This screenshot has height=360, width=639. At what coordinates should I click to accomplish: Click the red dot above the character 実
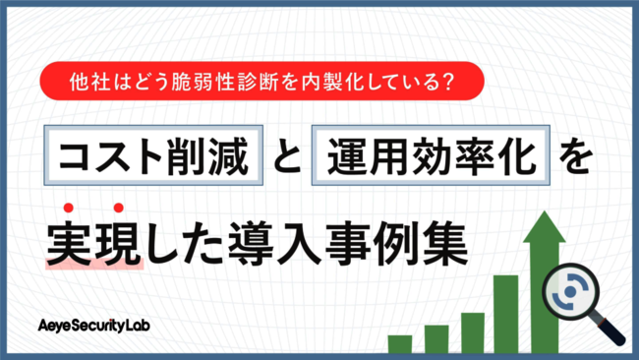point(70,207)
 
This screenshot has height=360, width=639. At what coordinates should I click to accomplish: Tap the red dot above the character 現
point(118,207)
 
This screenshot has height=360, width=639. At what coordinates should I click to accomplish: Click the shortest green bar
point(400,343)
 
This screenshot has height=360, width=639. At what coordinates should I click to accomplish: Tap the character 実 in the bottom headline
point(70,242)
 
